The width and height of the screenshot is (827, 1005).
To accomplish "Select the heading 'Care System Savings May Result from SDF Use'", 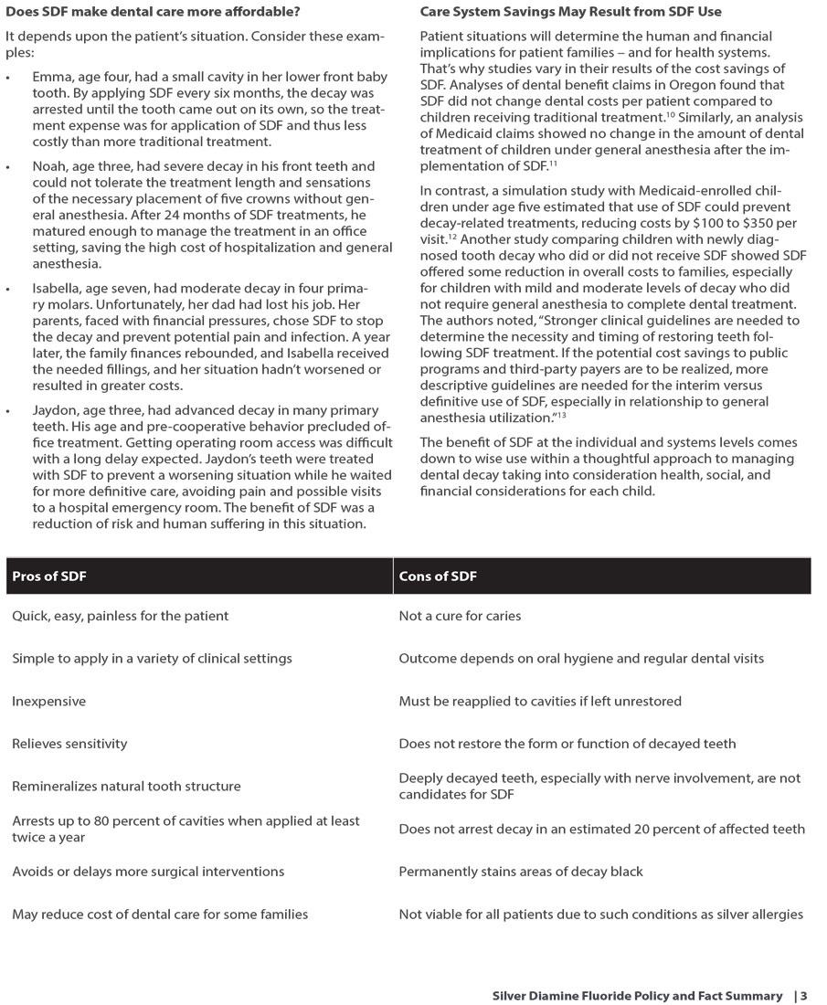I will (570, 12).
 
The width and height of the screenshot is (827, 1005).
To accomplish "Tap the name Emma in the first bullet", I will (50, 76).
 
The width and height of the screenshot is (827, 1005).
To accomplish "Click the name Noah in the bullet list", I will (49, 166).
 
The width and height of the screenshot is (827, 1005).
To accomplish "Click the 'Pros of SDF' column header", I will (49, 577).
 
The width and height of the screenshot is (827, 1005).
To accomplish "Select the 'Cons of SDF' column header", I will (438, 577).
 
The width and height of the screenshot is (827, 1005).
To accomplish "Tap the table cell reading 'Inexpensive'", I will (48, 701).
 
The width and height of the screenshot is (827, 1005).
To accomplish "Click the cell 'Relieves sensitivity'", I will (69, 744).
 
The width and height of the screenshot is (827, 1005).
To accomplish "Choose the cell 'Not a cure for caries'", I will (460, 616).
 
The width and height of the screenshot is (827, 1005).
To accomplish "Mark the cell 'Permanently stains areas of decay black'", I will (521, 872).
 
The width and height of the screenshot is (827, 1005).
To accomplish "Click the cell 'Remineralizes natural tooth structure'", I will (126, 786).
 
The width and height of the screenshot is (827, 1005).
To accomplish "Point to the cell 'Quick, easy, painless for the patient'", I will (120, 616).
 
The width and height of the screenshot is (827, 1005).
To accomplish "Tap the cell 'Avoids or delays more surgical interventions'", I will (148, 872).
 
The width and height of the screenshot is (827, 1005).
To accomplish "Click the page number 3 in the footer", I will (804, 996).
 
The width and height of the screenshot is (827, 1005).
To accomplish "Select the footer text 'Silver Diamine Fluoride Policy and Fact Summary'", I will (637, 996).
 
